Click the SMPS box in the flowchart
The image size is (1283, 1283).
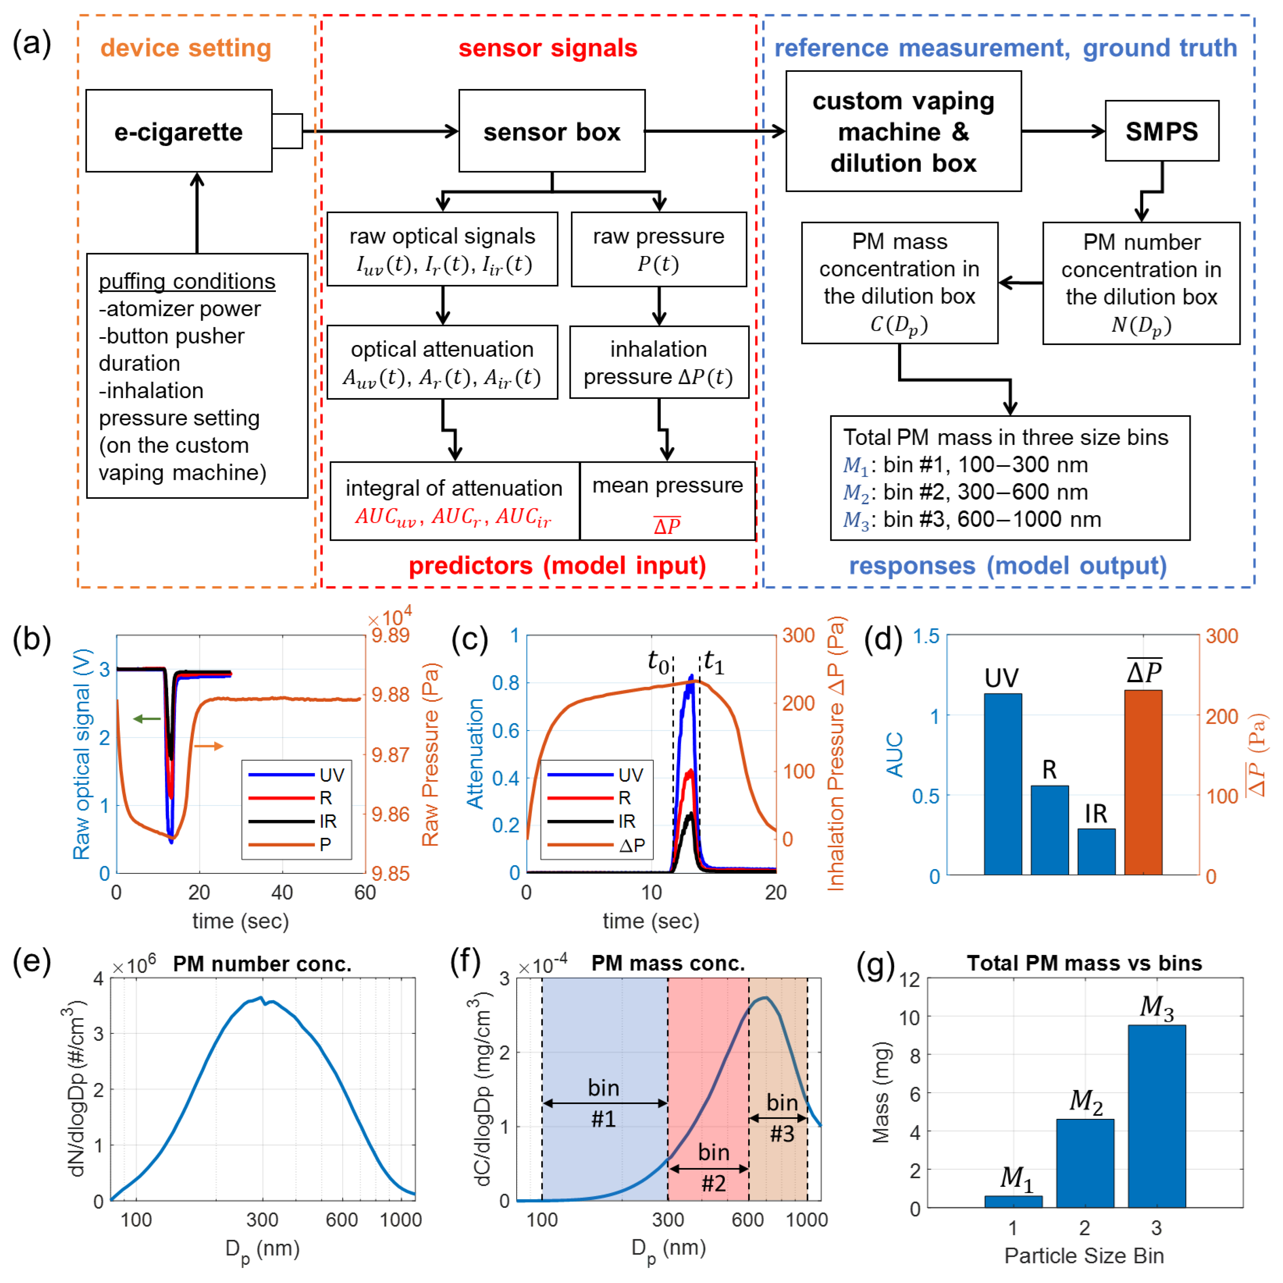tap(1161, 131)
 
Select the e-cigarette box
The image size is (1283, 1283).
tap(179, 131)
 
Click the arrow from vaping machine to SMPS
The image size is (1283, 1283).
tap(1063, 131)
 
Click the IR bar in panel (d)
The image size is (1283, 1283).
tap(1096, 851)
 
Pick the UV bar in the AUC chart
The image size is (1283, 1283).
tap(1002, 784)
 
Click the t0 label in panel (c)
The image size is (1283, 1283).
tap(658, 661)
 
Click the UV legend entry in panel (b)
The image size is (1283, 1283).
tap(296, 775)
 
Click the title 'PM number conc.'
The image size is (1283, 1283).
tap(262, 964)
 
